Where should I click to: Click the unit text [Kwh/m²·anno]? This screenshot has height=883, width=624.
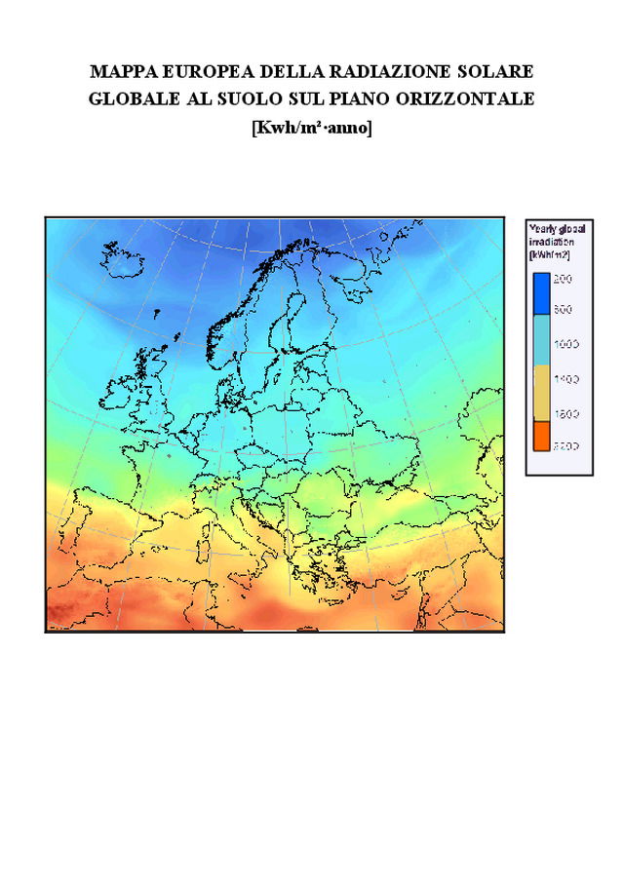311,127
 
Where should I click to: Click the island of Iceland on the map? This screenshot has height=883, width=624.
122,256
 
